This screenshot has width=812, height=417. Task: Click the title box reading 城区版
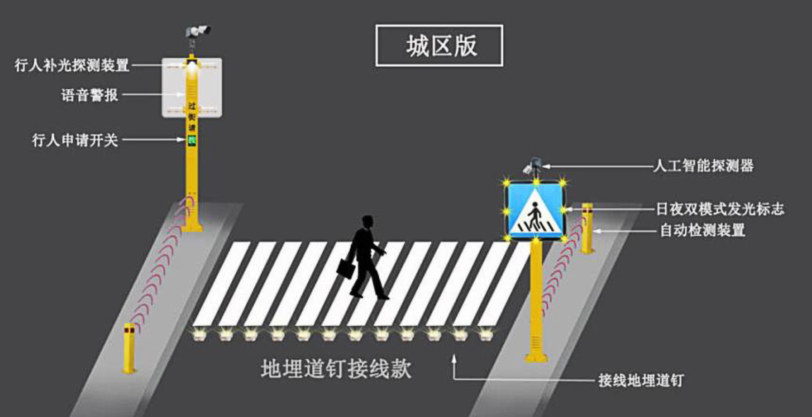pos(439,46)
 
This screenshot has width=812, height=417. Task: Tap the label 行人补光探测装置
pos(72,65)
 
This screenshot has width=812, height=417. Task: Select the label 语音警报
pos(89,95)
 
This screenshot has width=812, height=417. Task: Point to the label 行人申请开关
pos(75,140)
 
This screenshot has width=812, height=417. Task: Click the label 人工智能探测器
pos(703,166)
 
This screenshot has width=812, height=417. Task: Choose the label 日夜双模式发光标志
pos(720,209)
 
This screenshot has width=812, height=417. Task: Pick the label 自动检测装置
pos(703,231)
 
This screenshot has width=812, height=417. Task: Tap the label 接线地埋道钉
pos(641,380)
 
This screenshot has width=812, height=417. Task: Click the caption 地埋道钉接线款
pos(336,369)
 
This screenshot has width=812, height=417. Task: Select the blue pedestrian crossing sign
pos(535,210)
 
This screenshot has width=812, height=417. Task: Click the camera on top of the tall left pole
pos(197,31)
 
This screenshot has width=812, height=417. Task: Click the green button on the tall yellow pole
pos(192,140)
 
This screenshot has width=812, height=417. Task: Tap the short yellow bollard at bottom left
pos(129,347)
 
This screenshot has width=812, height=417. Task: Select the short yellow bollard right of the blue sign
pos(587,228)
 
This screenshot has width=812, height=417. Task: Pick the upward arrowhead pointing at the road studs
pos(454,359)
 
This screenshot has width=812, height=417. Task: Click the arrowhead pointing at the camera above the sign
pos(546,166)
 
